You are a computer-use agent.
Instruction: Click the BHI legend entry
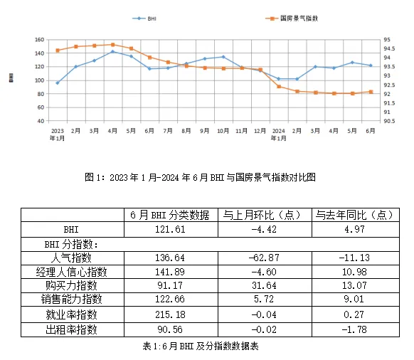(x=152, y=18)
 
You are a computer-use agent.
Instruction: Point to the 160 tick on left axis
(x=39, y=40)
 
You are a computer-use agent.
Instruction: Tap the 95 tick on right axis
(x=387, y=40)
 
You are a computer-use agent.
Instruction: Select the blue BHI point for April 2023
(x=112, y=52)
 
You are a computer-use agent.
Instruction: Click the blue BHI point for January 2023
(x=58, y=83)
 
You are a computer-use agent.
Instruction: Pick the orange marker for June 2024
(x=371, y=92)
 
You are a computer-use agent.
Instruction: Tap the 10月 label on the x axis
(x=223, y=131)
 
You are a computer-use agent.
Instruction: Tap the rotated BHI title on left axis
(x=11, y=78)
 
